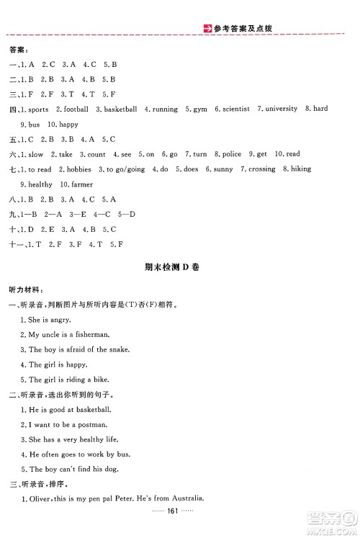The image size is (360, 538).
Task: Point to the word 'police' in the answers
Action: coord(232,154)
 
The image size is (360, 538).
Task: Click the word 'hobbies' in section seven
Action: coord(79,169)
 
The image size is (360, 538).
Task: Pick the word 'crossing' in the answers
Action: coord(262,169)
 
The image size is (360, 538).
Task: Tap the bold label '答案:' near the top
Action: coord(19,50)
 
